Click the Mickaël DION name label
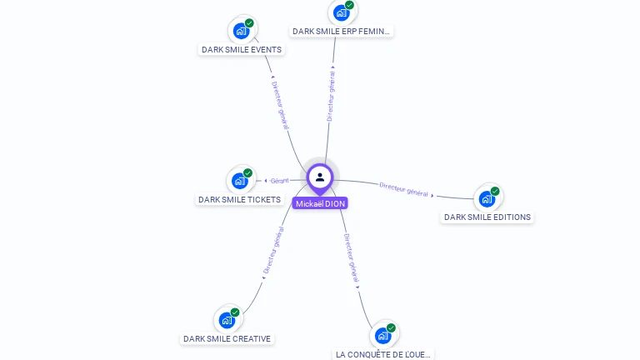(320, 203)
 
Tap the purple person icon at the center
(320, 177)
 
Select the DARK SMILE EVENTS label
(242, 49)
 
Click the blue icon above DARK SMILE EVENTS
(242, 31)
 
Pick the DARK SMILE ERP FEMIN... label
(341, 31)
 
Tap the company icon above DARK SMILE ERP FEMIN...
(341, 12)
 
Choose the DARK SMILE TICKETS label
(239, 199)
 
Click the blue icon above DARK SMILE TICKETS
(240, 181)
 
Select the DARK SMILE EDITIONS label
(487, 217)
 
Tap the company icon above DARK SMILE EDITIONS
(487, 199)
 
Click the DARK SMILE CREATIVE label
(227, 338)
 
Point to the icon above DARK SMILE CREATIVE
(227, 320)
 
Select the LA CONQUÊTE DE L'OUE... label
(383, 354)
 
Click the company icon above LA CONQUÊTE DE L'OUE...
(382, 335)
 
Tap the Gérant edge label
(279, 180)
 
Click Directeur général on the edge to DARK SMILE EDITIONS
(404, 189)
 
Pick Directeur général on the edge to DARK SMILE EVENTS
(280, 104)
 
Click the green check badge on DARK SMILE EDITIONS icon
(495, 192)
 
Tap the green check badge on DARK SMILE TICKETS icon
(247, 173)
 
